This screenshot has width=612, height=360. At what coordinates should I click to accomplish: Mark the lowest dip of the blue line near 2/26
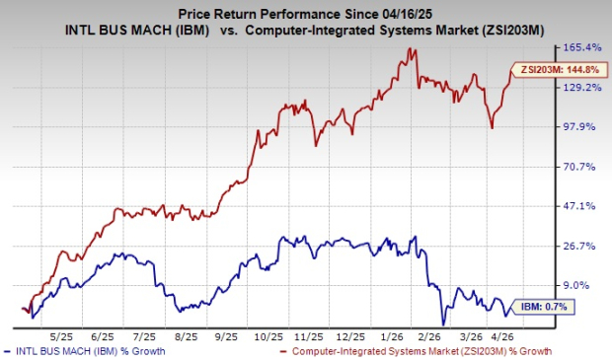click(x=443, y=324)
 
